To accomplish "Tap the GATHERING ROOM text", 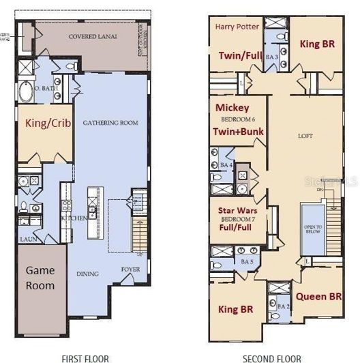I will pos(110,123).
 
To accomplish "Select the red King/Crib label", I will pos(44,124).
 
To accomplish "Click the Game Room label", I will pos(40,278).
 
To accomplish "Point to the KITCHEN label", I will pos(74,217).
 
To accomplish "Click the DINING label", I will pos(87,274).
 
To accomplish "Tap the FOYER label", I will pos(130,269).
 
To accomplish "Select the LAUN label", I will pos(27,239).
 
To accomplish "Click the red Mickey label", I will pos(232,108).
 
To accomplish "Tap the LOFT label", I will pos(305,136).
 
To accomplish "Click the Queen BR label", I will pos(318,297).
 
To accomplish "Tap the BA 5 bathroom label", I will pos(247,261).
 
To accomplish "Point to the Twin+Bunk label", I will pos(237,132).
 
